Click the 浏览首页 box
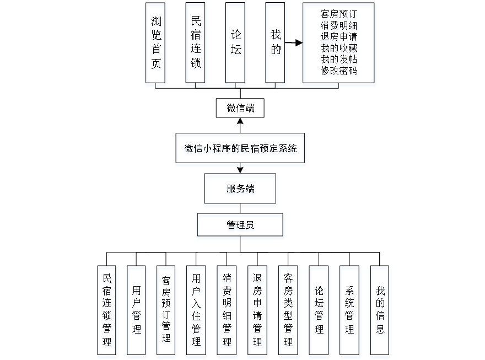pos(157,45)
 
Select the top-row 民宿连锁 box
pos(196,45)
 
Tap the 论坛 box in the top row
pos(236,45)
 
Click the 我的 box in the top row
pos(276,45)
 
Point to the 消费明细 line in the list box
pos(339,25)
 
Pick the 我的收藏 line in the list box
pos(339,49)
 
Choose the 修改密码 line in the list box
pos(339,72)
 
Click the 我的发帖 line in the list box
pos(339,60)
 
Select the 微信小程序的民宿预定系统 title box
pos(240,149)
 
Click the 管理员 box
pos(241,227)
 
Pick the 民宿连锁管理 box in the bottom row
pos(107,311)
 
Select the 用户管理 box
pos(137,311)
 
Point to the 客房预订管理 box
pos(166,311)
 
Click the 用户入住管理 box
pos(197,311)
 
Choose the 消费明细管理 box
pos(227,311)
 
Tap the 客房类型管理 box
pos(288,311)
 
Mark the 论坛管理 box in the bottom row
pos(319,311)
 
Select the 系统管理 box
pos(350,311)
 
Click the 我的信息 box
pos(380,311)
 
